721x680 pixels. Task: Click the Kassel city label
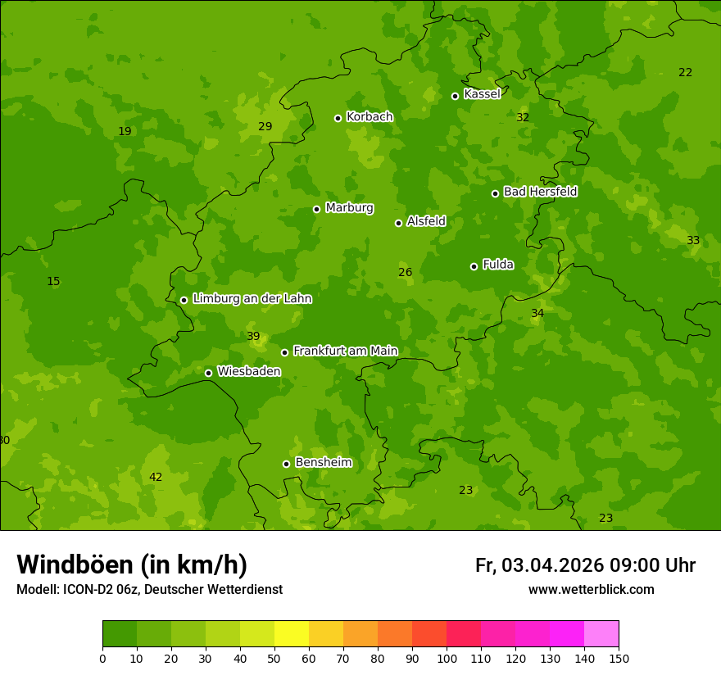(482, 94)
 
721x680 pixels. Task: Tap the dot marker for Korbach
(338, 118)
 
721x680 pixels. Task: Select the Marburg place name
(349, 208)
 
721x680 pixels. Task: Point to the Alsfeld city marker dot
(398, 223)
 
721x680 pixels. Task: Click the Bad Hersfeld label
(540, 192)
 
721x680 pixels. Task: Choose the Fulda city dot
(474, 266)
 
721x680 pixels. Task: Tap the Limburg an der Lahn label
(252, 299)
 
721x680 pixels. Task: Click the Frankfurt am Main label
(345, 351)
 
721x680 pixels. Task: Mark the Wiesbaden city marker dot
(208, 373)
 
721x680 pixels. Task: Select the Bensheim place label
(323, 462)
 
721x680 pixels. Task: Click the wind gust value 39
(253, 337)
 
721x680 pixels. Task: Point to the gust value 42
(156, 478)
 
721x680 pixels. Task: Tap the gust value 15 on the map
(53, 282)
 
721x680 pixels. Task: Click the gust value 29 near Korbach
(265, 127)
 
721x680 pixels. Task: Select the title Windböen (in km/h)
(132, 564)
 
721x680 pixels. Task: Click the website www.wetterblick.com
(591, 590)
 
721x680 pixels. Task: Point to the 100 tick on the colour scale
(447, 657)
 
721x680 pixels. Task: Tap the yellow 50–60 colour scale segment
(292, 634)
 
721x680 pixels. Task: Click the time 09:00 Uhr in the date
(652, 565)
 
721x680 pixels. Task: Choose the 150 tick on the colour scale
(619, 657)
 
